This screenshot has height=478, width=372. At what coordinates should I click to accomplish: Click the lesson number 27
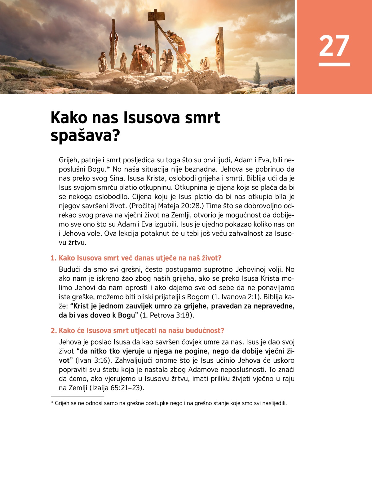[x=334, y=46]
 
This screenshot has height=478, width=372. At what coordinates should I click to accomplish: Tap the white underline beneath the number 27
[x=334, y=64]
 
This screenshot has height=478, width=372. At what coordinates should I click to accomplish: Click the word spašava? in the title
[x=85, y=136]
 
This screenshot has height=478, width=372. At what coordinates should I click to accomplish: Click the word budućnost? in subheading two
[x=205, y=331]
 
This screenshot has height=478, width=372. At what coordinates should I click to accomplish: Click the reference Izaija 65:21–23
[x=117, y=388]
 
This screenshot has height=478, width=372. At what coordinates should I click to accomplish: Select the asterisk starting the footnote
[x=52, y=403]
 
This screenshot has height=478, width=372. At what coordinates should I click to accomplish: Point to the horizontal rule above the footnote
[x=77, y=396]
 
